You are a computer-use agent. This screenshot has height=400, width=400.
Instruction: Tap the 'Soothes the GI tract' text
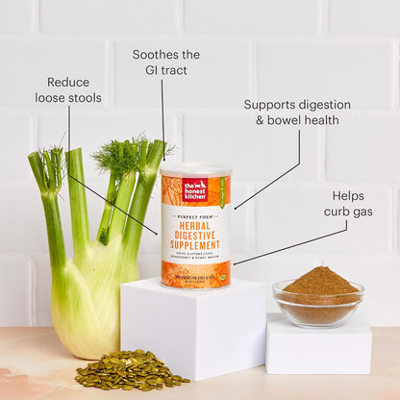[165, 62]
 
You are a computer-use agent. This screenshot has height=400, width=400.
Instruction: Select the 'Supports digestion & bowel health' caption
[296, 112]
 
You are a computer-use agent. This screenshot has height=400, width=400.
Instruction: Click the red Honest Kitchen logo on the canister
[195, 188]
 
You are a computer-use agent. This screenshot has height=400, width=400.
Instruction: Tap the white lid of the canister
[195, 168]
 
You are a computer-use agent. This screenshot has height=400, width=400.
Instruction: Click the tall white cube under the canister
[192, 327]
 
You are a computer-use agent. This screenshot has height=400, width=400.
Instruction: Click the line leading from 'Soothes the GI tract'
[162, 115]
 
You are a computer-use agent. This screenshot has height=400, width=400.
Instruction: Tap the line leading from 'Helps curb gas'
[288, 243]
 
